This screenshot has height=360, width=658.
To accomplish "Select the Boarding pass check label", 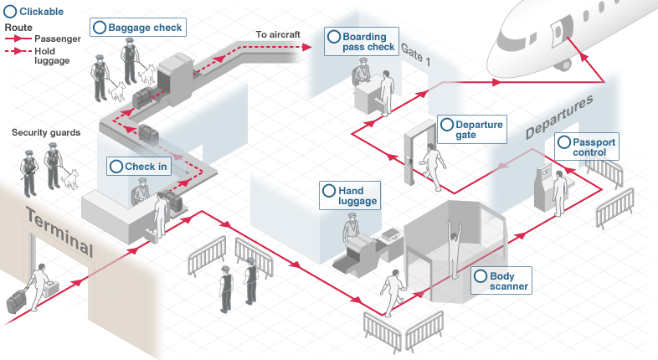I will [360, 42].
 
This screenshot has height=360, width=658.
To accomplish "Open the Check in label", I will [139, 167].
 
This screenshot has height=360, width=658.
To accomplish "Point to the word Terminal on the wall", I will [59, 231].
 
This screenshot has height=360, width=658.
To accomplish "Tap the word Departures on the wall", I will [558, 117].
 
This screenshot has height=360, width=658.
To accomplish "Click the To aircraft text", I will [277, 34].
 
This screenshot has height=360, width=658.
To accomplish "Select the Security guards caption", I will [46, 133].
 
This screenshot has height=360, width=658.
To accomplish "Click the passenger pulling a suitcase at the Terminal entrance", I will [38, 286].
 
